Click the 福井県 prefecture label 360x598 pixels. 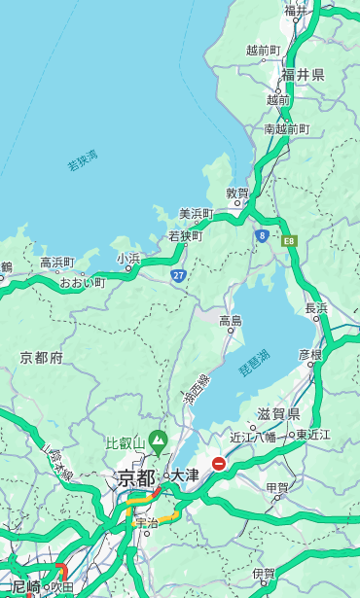tap(303, 75)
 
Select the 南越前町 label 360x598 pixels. tap(286, 128)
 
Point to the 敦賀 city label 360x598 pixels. tap(237, 193)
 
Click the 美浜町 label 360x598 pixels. tap(197, 214)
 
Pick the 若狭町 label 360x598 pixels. tap(185, 236)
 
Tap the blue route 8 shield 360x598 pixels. tap(262, 235)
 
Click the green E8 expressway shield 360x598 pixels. tap(289, 240)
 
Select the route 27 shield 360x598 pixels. tap(179, 275)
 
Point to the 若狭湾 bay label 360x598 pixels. tap(83, 161)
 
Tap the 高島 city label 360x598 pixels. tap(231, 320)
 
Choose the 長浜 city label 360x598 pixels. tap(316, 308)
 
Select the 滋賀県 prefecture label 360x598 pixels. tap(278, 414)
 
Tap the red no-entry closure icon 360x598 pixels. tap(219, 464)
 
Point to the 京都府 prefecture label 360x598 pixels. tap(42, 358)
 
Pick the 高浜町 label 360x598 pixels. tap(56, 263)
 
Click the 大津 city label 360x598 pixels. tap(185, 475)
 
